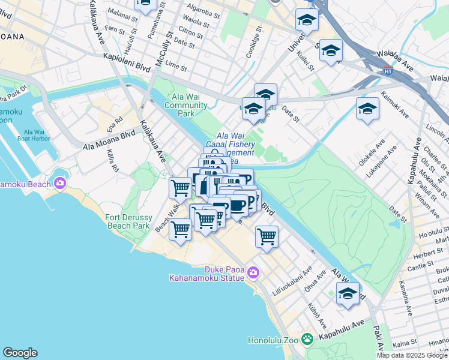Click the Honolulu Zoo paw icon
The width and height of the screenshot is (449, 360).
coord(307,340)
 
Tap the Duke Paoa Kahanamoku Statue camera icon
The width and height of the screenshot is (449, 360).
coord(253,272)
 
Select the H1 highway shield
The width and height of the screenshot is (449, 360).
coord(388,70)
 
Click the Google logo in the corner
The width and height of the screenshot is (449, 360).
coord(20,353)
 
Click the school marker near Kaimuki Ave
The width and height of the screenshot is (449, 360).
coord(367,110)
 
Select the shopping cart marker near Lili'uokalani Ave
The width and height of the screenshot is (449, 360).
coord(267,235)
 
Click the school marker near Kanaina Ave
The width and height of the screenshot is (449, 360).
coord(348,294)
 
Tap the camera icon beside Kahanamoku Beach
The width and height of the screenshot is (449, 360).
coord(60,183)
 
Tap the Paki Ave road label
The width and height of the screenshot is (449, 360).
coord(381,340)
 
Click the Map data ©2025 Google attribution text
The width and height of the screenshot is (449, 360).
coord(412,355)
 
